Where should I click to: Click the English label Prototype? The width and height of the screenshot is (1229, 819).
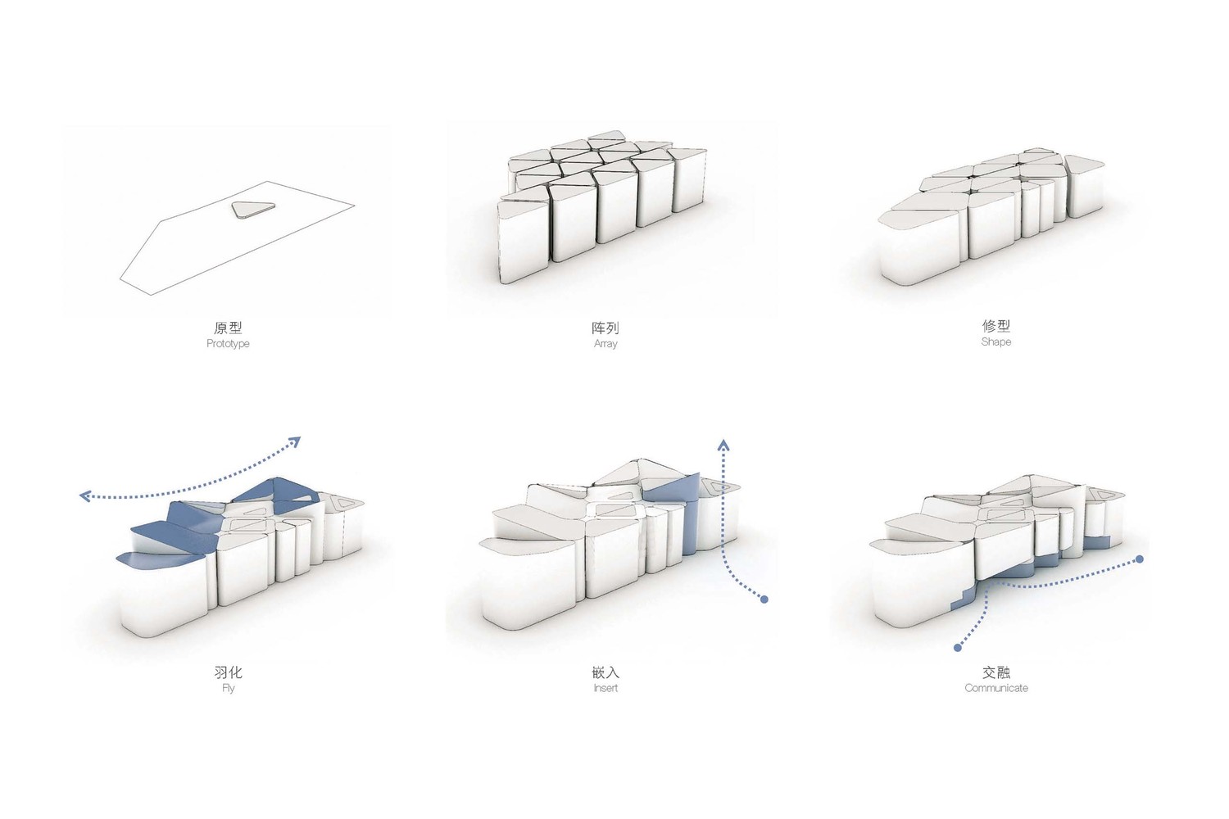pyautogui.click(x=228, y=344)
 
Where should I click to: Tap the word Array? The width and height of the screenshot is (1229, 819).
pyautogui.click(x=605, y=344)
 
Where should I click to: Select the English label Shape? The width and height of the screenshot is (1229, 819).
pyautogui.click(x=995, y=342)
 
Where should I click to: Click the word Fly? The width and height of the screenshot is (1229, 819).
pyautogui.click(x=229, y=688)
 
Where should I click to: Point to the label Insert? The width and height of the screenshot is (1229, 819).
pyautogui.click(x=605, y=688)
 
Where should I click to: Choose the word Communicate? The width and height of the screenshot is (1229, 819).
pyautogui.click(x=995, y=688)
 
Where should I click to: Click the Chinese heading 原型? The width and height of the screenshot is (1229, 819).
pyautogui.click(x=228, y=328)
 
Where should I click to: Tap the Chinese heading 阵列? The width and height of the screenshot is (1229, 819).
pyautogui.click(x=605, y=328)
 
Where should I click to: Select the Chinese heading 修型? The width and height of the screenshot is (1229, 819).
pyautogui.click(x=995, y=326)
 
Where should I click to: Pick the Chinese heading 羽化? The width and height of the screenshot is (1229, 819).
pyautogui.click(x=229, y=672)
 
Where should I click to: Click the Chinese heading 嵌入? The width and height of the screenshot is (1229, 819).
pyautogui.click(x=605, y=672)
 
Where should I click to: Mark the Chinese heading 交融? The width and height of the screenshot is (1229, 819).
pyautogui.click(x=995, y=672)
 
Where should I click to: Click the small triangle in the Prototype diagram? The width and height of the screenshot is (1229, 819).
pyautogui.click(x=252, y=209)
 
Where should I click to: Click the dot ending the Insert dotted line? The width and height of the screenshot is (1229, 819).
pyautogui.click(x=764, y=600)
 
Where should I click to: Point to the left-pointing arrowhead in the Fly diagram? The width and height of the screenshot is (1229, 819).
pyautogui.click(x=85, y=496)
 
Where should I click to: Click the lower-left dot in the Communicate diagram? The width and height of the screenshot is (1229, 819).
pyautogui.click(x=958, y=648)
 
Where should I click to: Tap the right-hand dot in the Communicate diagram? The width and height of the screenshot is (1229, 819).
pyautogui.click(x=1140, y=559)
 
